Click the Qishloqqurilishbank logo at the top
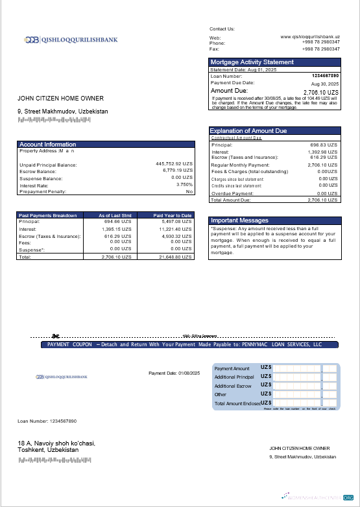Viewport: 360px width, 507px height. (x=71, y=40)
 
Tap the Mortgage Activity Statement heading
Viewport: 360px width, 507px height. (x=252, y=62)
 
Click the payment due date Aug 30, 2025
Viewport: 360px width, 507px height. (x=325, y=84)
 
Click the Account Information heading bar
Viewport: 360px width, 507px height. (x=47, y=144)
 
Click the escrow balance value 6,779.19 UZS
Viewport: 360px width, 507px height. (x=177, y=171)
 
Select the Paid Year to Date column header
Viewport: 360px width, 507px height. (x=173, y=215)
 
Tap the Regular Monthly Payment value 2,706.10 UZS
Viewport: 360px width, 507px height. (x=323, y=165)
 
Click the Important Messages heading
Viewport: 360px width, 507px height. (x=239, y=220)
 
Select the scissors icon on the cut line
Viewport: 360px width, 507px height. (x=56, y=336)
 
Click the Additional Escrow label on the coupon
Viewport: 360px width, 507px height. (x=233, y=386)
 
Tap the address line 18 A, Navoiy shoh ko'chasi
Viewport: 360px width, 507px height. (x=56, y=443)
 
